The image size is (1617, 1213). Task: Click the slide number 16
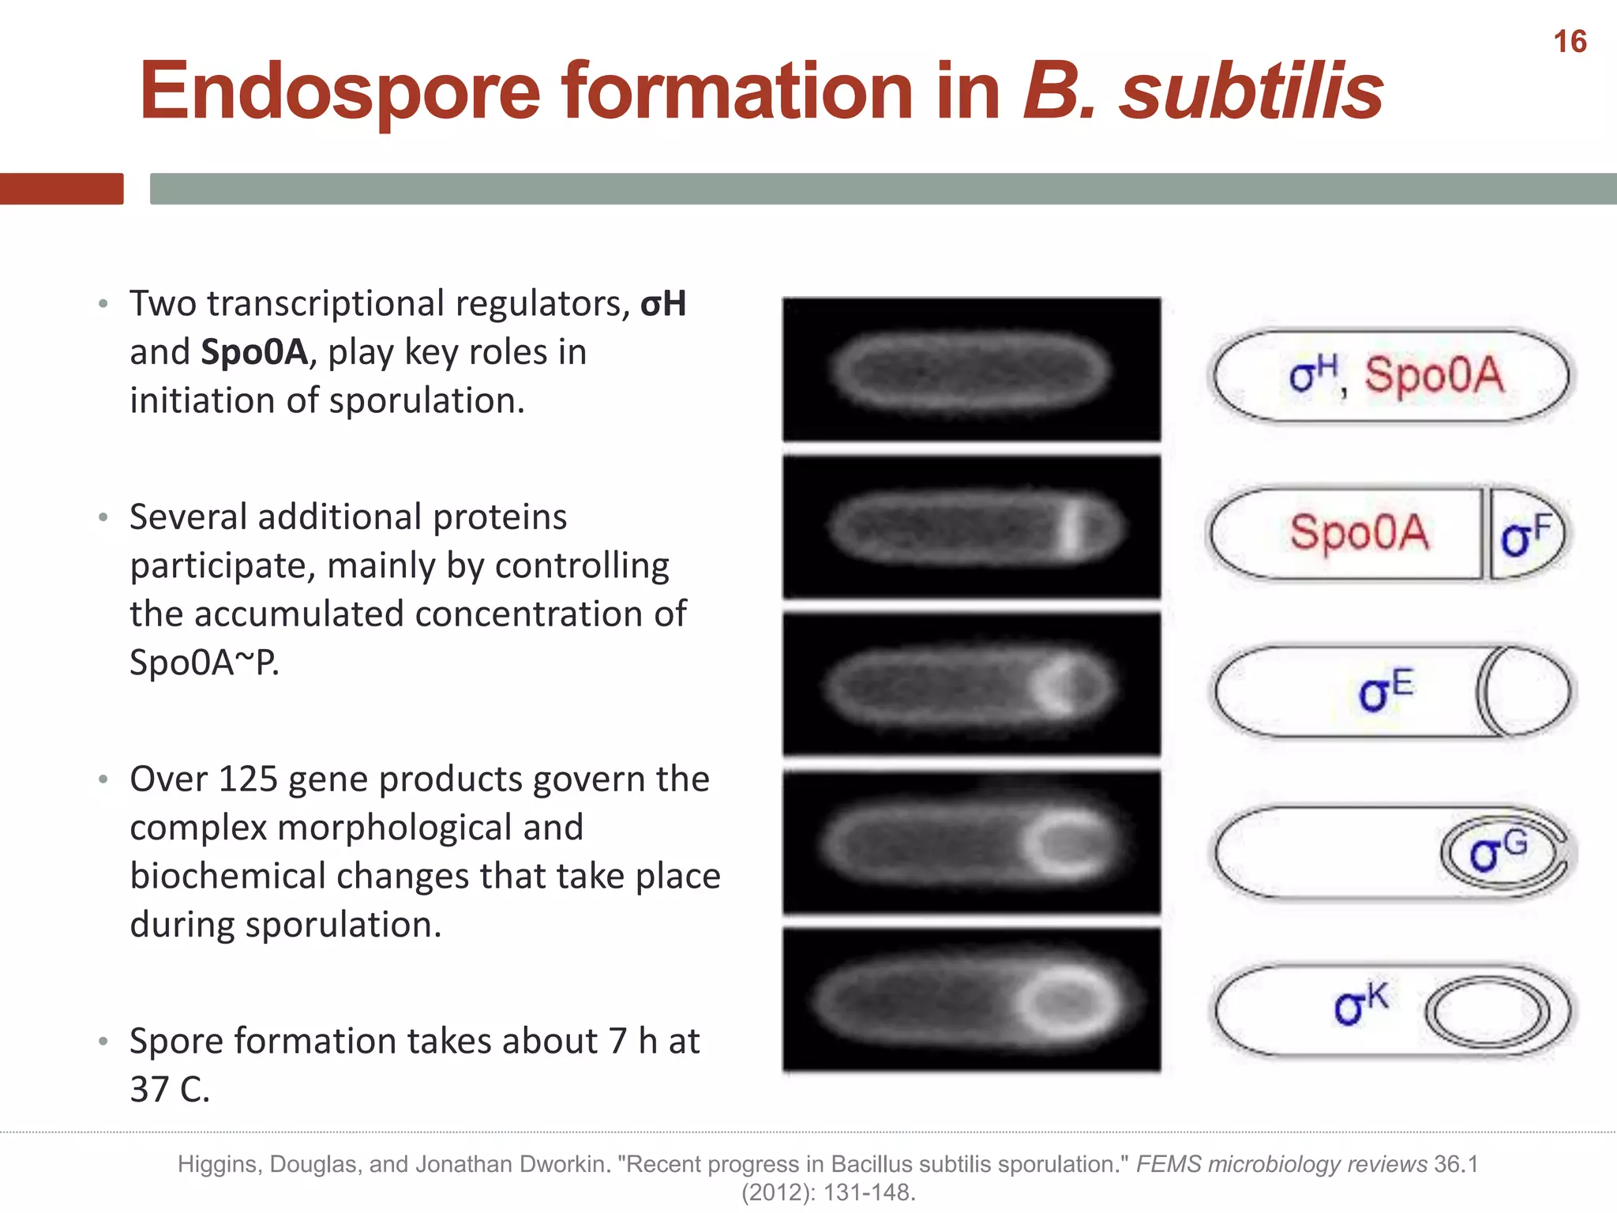(1570, 42)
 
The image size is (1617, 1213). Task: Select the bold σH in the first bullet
(663, 304)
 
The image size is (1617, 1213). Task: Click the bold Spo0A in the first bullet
(254, 352)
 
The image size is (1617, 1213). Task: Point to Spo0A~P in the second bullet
(204, 663)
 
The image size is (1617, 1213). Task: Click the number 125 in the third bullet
(248, 779)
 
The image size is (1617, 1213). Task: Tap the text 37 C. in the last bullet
(170, 1090)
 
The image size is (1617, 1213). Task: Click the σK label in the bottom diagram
(1360, 1005)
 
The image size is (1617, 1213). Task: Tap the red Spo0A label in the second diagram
(1359, 532)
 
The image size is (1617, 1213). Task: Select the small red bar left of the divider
(62, 189)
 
